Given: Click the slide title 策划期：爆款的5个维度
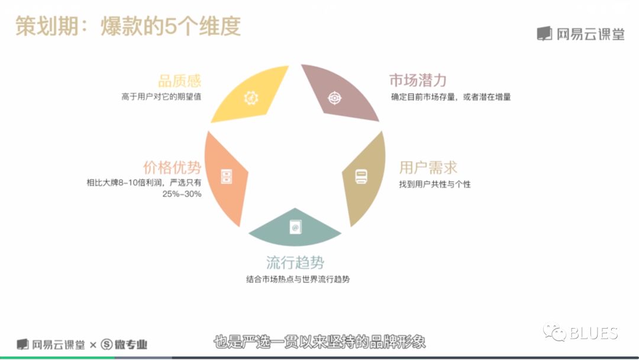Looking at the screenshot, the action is (x=128, y=27).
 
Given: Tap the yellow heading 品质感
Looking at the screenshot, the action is (x=179, y=81).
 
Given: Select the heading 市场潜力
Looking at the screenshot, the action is (x=418, y=81).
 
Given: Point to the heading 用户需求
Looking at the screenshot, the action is (x=428, y=168).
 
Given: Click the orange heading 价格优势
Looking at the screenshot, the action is (x=172, y=167).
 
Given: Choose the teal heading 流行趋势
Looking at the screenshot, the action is (x=295, y=262).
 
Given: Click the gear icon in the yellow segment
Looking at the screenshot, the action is (x=251, y=98).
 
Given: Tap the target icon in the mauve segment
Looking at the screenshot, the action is (x=334, y=98).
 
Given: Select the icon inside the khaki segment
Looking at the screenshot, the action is (x=361, y=176).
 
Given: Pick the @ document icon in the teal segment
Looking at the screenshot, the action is (x=295, y=227).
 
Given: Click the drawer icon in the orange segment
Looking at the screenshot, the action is (x=227, y=176).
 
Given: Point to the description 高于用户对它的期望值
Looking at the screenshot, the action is (x=161, y=97).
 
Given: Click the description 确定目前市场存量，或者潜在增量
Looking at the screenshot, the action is (x=451, y=97).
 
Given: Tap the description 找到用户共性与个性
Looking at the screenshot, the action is (x=435, y=184).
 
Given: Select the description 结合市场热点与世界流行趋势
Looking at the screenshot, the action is (x=298, y=279).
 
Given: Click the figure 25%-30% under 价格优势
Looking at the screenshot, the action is (x=182, y=194).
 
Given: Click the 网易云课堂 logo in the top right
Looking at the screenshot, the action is (x=581, y=34).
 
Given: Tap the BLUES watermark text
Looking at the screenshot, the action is (x=593, y=333).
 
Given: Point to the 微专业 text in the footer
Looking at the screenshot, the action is (x=130, y=345).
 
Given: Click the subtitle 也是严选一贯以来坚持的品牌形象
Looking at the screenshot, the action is (x=319, y=342).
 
